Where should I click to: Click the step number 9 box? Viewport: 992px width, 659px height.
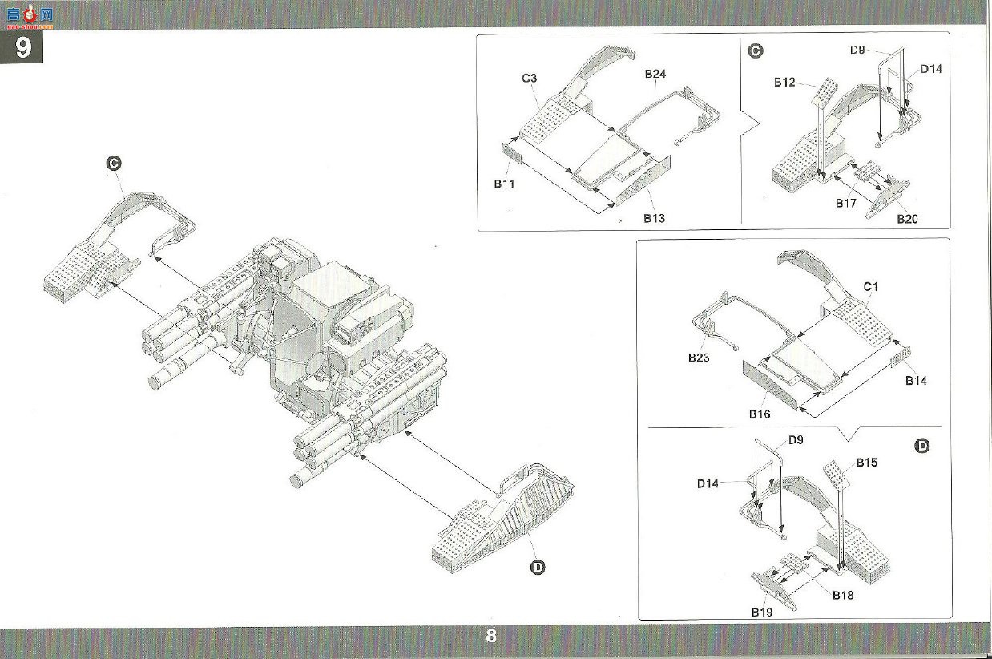[x=22, y=46]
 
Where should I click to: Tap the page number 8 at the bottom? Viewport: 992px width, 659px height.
[x=490, y=636]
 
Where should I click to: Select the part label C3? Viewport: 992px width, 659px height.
[x=529, y=78]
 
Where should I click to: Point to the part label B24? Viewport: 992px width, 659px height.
[x=655, y=74]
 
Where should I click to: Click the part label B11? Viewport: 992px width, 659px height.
[x=505, y=184]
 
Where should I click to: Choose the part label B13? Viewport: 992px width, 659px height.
[x=654, y=218]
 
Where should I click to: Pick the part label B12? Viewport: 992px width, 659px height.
[x=784, y=82]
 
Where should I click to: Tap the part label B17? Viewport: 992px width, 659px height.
[x=846, y=203]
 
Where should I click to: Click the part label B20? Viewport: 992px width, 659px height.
[x=907, y=219]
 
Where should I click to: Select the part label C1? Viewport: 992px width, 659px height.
[x=870, y=287]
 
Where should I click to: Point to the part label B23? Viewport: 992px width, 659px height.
[x=699, y=358]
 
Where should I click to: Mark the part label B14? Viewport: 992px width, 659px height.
[x=916, y=380]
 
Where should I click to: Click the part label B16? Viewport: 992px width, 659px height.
[x=760, y=414]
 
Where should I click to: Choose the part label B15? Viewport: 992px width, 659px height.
[x=867, y=463]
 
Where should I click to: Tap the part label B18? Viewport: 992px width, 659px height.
[x=843, y=595]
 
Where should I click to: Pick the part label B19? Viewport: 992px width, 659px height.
[x=762, y=612]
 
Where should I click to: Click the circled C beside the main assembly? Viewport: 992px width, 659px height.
[x=114, y=163]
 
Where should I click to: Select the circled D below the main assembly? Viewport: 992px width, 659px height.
[x=538, y=568]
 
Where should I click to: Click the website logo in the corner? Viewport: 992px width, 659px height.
[x=30, y=16]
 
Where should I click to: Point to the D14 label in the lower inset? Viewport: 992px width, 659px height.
[x=708, y=483]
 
